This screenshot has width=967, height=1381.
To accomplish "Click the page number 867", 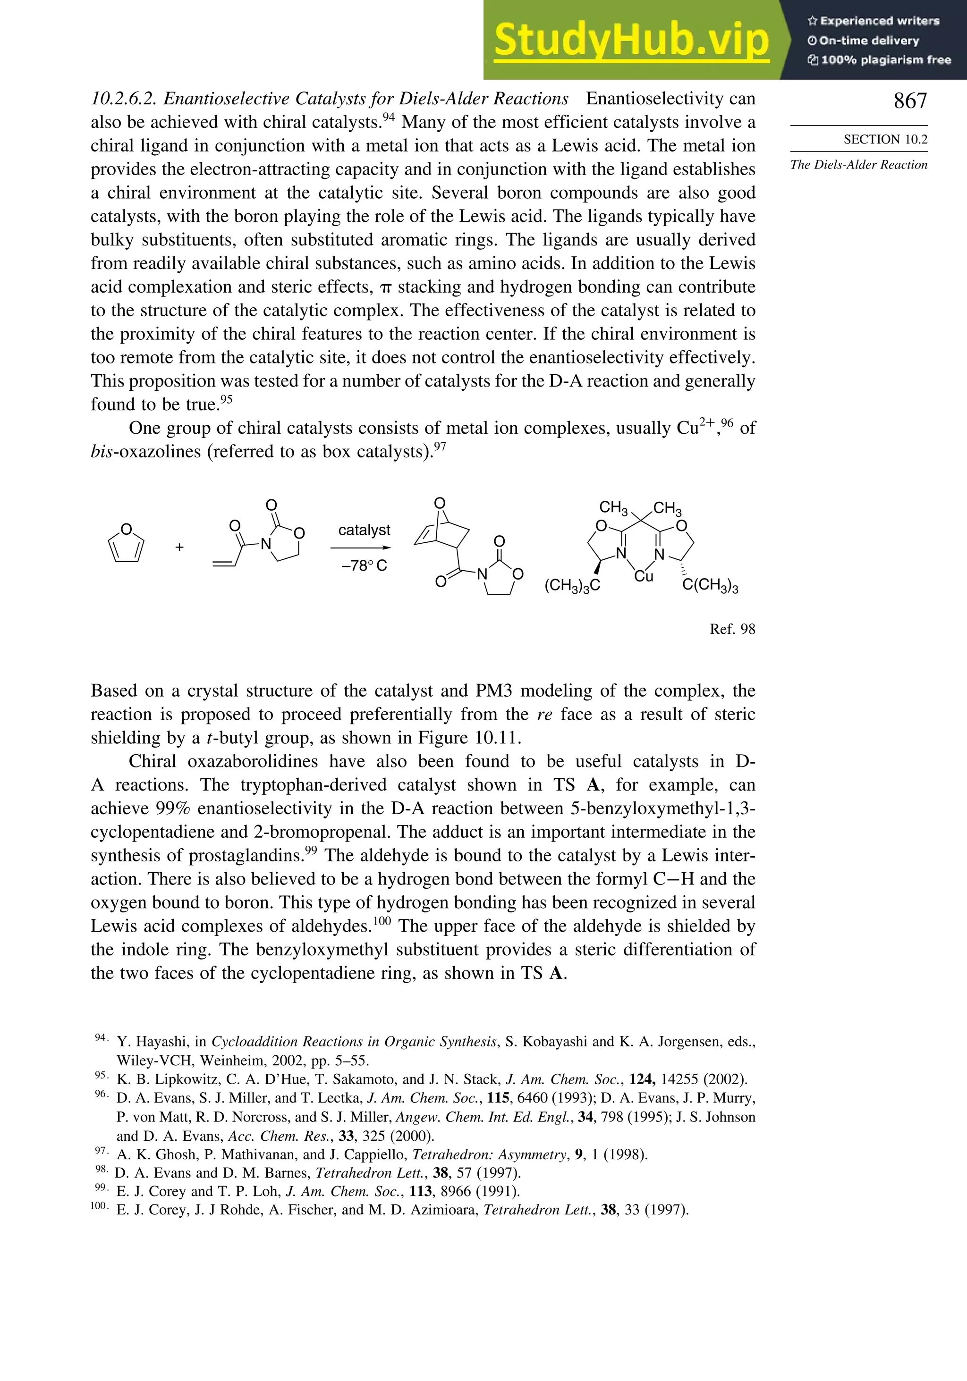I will [x=910, y=101].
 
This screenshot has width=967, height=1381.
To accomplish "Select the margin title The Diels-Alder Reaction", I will [x=859, y=165].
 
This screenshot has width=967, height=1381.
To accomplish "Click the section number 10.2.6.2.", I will [x=123, y=99].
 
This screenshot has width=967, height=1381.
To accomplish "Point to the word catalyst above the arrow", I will [x=364, y=530].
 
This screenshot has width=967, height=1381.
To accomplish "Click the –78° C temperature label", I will [x=364, y=566].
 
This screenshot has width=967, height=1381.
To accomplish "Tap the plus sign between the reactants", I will [x=179, y=547].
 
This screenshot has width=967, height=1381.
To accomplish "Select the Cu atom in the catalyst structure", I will [x=643, y=576].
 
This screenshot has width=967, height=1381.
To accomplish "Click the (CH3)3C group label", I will [x=572, y=586].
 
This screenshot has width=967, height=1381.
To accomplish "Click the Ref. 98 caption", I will [x=732, y=629].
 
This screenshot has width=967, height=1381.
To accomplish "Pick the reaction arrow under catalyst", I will [x=361, y=548].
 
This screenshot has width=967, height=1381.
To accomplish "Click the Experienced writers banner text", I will [x=879, y=21].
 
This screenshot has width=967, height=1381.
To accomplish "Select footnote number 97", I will [x=101, y=1151].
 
